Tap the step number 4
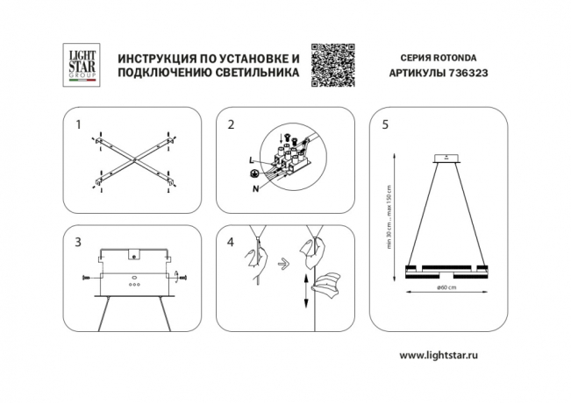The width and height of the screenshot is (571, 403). tap(231, 243)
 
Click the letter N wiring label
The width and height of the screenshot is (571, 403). tap(255, 188)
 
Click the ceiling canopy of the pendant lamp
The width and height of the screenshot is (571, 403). tap(447, 159)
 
